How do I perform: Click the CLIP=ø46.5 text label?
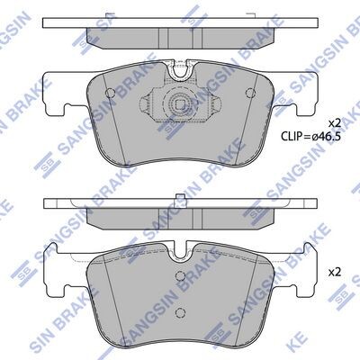click(311, 137)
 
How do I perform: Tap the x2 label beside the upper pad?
click(335, 122)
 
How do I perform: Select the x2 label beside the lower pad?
click(335, 272)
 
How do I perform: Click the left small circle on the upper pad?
click(111, 93)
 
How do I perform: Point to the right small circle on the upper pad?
click(249, 93)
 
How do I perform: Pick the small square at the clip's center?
click(180, 104)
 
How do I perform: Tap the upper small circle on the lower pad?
click(180, 275)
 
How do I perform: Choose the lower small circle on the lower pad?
click(180, 312)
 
